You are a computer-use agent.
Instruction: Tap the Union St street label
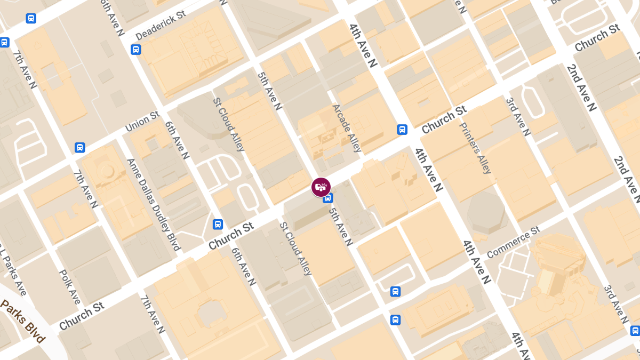[142, 122]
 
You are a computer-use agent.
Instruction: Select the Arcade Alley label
[347, 128]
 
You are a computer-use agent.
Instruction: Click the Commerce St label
[513, 242]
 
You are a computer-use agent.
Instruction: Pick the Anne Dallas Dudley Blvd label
[153, 204]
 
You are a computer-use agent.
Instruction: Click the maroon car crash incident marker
[321, 187]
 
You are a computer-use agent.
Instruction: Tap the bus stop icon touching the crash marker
[328, 198]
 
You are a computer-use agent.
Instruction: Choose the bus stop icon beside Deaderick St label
[135, 50]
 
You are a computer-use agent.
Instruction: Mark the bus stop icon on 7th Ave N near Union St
[79, 147]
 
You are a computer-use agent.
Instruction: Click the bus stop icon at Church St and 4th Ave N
[402, 129]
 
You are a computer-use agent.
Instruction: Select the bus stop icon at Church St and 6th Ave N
[218, 224]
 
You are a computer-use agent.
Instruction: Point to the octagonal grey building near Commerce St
[485, 212]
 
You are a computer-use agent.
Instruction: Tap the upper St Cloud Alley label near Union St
[228, 124]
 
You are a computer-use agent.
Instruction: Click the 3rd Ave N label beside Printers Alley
[518, 117]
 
